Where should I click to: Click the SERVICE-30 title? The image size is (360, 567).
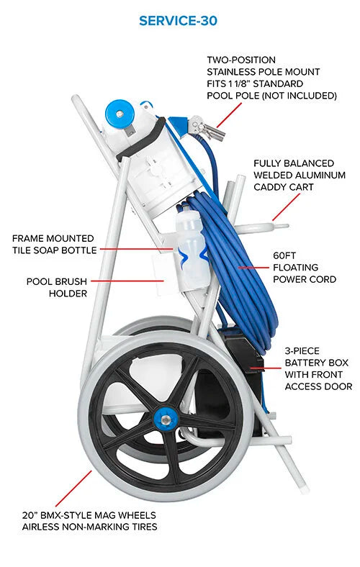point(178,20)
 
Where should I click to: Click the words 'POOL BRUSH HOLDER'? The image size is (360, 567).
point(58,287)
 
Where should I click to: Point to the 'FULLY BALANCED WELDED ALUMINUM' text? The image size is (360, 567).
point(300,169)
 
